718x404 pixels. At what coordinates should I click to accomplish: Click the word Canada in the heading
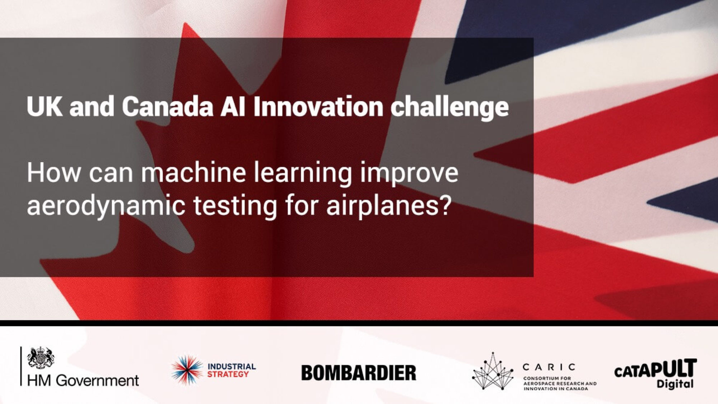pyautogui.click(x=168, y=107)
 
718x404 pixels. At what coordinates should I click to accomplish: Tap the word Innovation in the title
pyautogui.click(x=318, y=107)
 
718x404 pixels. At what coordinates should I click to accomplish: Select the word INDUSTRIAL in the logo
pyautogui.click(x=232, y=367)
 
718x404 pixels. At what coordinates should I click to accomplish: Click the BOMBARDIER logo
pyautogui.click(x=359, y=373)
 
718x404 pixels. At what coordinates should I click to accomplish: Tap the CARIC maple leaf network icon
pyautogui.click(x=493, y=371)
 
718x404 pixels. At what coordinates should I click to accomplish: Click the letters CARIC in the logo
pyautogui.click(x=549, y=367)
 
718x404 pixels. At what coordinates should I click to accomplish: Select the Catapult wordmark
pyautogui.click(x=656, y=369)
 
